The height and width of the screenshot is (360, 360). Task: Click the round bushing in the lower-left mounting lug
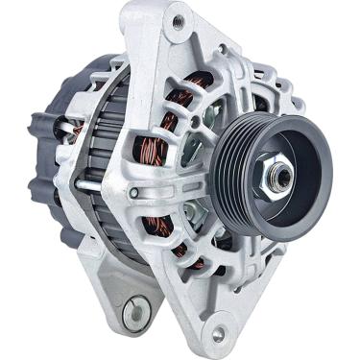point(132,310)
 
